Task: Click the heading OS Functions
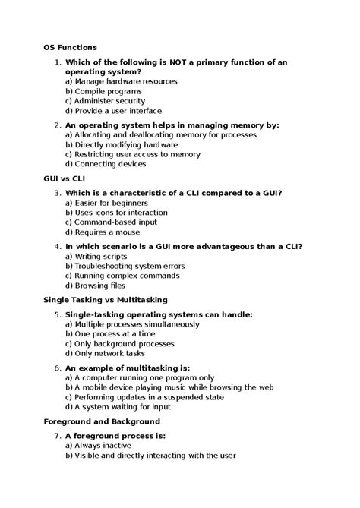pos(70,47)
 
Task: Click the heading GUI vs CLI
pos(65,178)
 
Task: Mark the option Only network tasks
pos(105,354)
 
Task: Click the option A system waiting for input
pos(123,406)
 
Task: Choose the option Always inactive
pos(99,446)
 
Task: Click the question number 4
pos(58,246)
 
